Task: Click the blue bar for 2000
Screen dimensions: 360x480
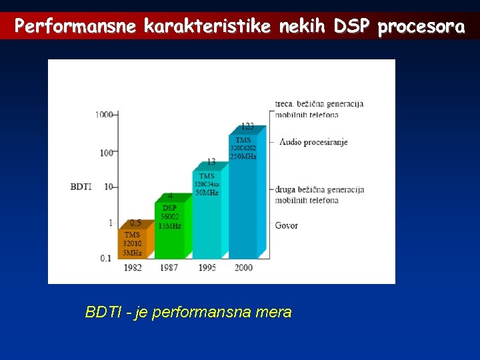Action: [x=243, y=200]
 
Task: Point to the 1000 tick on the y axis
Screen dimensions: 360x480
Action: [x=104, y=115]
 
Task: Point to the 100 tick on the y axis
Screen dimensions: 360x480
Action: [x=107, y=153]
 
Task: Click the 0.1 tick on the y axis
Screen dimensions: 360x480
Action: [x=106, y=258]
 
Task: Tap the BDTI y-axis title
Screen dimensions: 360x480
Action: [x=81, y=187]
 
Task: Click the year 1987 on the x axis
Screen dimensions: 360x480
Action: [x=169, y=268]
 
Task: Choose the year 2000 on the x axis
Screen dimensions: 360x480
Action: [x=243, y=268]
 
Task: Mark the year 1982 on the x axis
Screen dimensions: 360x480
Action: [x=132, y=268]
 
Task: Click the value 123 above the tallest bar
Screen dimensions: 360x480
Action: [x=247, y=126]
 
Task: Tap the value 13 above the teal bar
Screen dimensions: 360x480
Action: [x=211, y=162]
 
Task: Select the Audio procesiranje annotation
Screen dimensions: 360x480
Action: [x=313, y=142]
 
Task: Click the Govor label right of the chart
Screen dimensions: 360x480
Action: [x=287, y=225]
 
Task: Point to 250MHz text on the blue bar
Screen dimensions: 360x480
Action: [x=243, y=156]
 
